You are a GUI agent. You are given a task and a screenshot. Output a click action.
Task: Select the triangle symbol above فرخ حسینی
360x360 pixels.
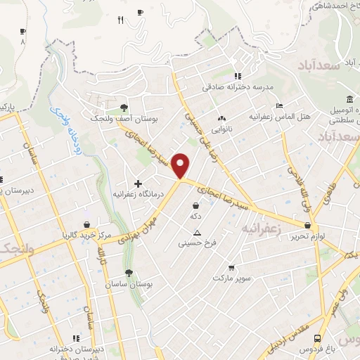(x=197, y=233)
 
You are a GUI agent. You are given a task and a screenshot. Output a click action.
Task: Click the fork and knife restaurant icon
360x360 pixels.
(x=120, y=20)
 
